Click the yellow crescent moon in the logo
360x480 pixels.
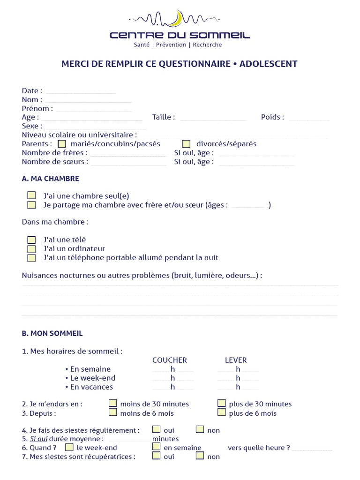[x=177, y=19]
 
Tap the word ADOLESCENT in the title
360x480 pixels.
[x=268, y=64]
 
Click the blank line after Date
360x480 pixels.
[x=81, y=91]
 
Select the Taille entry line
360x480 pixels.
[x=213, y=118]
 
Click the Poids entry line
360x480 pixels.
[x=309, y=118]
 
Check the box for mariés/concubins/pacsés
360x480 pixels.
[x=62, y=144]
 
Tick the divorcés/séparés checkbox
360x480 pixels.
[x=186, y=144]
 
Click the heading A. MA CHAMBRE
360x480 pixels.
[x=50, y=179]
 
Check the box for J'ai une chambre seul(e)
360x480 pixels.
[x=31, y=195]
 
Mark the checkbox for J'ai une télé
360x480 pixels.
[x=31, y=240]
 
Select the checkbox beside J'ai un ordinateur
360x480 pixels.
[x=31, y=248]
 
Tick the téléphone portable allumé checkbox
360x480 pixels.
[x=31, y=257]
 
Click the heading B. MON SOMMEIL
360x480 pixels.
[x=52, y=333]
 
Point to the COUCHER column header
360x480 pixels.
[x=170, y=360]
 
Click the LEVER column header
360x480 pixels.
[x=236, y=360]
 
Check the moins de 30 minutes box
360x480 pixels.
[x=113, y=403]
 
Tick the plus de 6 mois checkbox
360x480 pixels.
[x=222, y=412]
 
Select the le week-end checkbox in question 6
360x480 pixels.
[x=69, y=447]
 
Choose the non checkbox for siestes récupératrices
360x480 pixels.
[x=200, y=456]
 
